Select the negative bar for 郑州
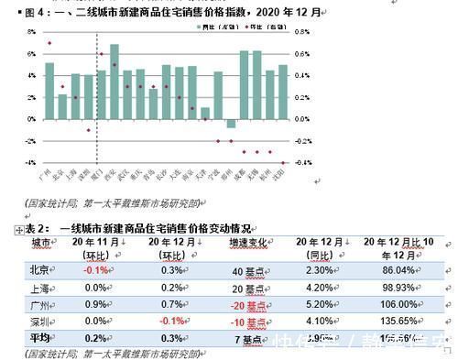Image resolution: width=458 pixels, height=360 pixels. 231,123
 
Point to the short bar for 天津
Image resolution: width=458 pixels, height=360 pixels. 205,114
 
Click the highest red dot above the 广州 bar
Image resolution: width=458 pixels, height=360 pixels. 49,43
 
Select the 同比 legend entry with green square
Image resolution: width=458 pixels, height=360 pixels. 213,28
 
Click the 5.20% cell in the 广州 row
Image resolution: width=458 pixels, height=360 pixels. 313,304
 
